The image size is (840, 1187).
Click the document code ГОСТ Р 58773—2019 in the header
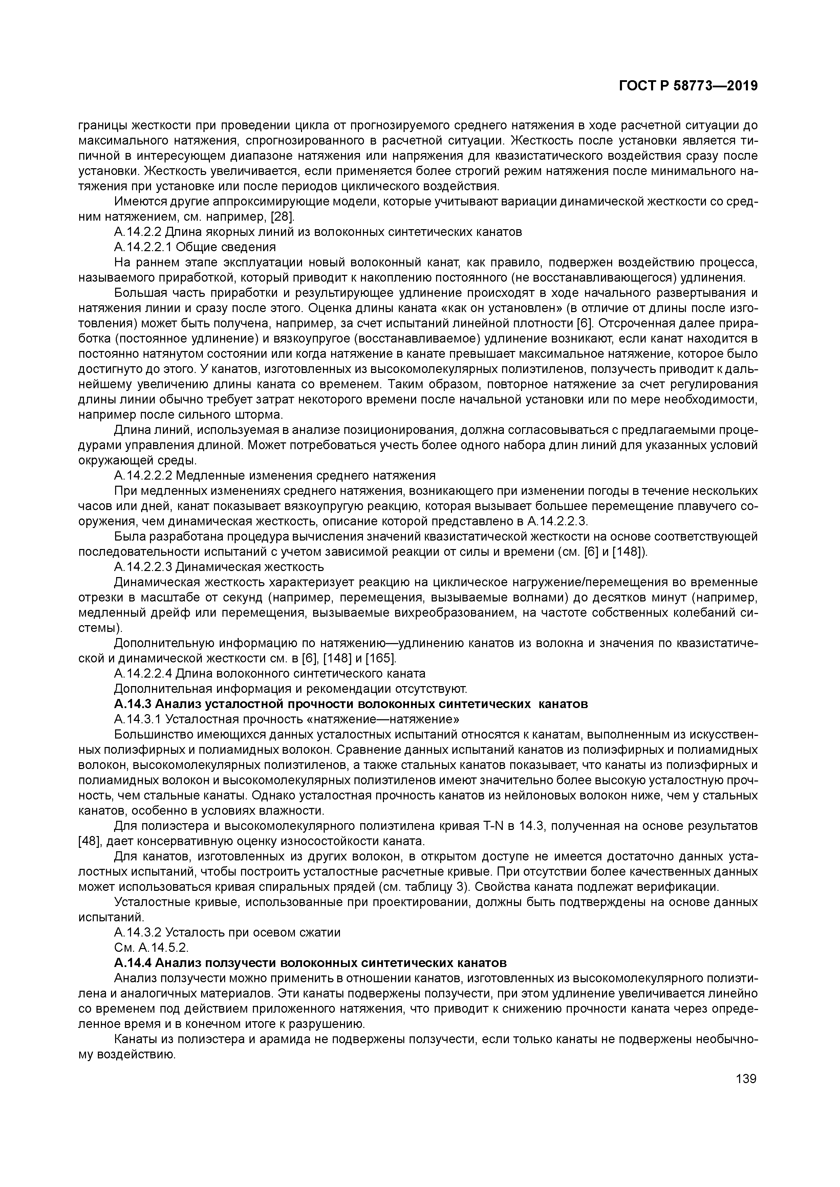688,86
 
